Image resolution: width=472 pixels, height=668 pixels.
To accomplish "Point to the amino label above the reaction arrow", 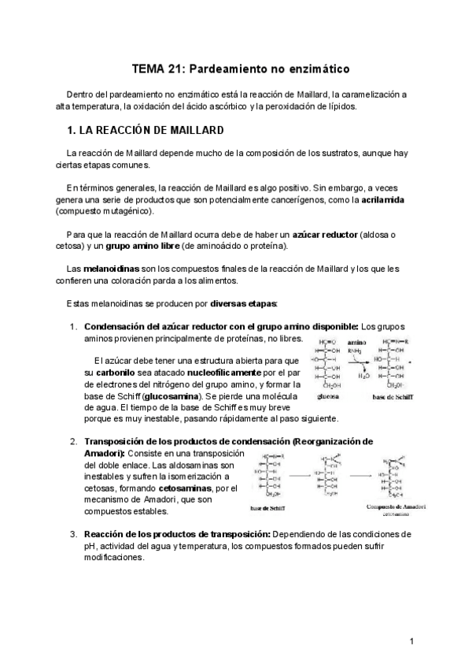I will [x=357, y=343].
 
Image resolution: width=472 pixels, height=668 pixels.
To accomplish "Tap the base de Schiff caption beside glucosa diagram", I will [x=395, y=398].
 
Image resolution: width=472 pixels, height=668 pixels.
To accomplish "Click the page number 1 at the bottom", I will [x=411, y=642].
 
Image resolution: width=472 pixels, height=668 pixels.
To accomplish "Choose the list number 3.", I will [x=73, y=534].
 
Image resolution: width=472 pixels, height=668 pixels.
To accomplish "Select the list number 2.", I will [x=73, y=442].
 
